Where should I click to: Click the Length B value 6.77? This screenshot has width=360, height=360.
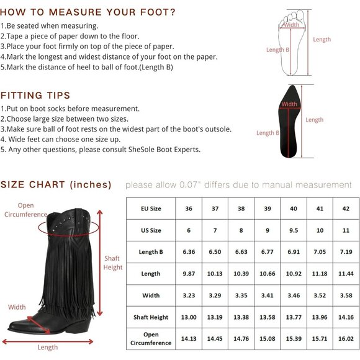[x=268, y=252]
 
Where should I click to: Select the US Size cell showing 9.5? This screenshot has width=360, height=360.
[x=294, y=230]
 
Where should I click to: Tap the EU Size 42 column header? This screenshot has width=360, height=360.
[x=346, y=209]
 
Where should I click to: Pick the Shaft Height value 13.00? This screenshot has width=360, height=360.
[x=189, y=317]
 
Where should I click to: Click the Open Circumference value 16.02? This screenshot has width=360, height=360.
[x=346, y=339]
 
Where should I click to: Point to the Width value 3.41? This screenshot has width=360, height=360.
[x=268, y=295]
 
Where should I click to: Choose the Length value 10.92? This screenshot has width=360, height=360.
[x=294, y=274]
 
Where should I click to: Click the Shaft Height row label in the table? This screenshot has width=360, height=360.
[x=151, y=317]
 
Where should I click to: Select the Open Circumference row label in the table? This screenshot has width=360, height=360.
[x=151, y=339]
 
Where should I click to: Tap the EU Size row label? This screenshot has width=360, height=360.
[x=151, y=209]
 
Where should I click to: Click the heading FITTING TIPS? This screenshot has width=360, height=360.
[x=35, y=96]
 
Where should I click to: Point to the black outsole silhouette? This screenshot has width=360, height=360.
[x=289, y=122]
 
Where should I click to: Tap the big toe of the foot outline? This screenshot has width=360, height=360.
[x=299, y=16]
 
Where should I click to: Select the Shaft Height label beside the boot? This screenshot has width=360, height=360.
[x=113, y=263]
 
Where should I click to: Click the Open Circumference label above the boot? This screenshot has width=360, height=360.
[x=25, y=210]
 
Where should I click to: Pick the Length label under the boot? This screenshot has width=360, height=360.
[x=48, y=348]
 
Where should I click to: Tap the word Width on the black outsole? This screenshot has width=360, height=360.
[x=289, y=104]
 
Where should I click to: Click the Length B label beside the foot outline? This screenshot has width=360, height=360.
[x=277, y=50]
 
